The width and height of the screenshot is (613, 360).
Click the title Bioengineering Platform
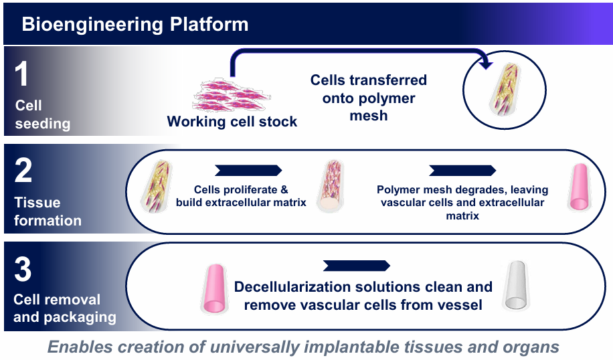click(x=135, y=25)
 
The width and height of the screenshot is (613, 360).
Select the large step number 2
click(x=23, y=171)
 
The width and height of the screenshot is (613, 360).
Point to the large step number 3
click(x=23, y=270)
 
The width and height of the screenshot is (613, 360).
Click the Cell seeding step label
click(x=41, y=114)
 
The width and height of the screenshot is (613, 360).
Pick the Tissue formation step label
click(x=48, y=211)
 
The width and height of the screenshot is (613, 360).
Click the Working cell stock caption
click(x=232, y=122)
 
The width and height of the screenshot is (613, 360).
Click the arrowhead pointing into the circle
click(x=487, y=64)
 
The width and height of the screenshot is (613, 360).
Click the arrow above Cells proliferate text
click(x=248, y=170)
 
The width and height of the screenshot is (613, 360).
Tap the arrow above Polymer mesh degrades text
click(x=462, y=170)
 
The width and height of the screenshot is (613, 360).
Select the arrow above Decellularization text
click(x=356, y=266)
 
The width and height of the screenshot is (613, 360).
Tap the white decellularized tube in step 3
click(x=517, y=285)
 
